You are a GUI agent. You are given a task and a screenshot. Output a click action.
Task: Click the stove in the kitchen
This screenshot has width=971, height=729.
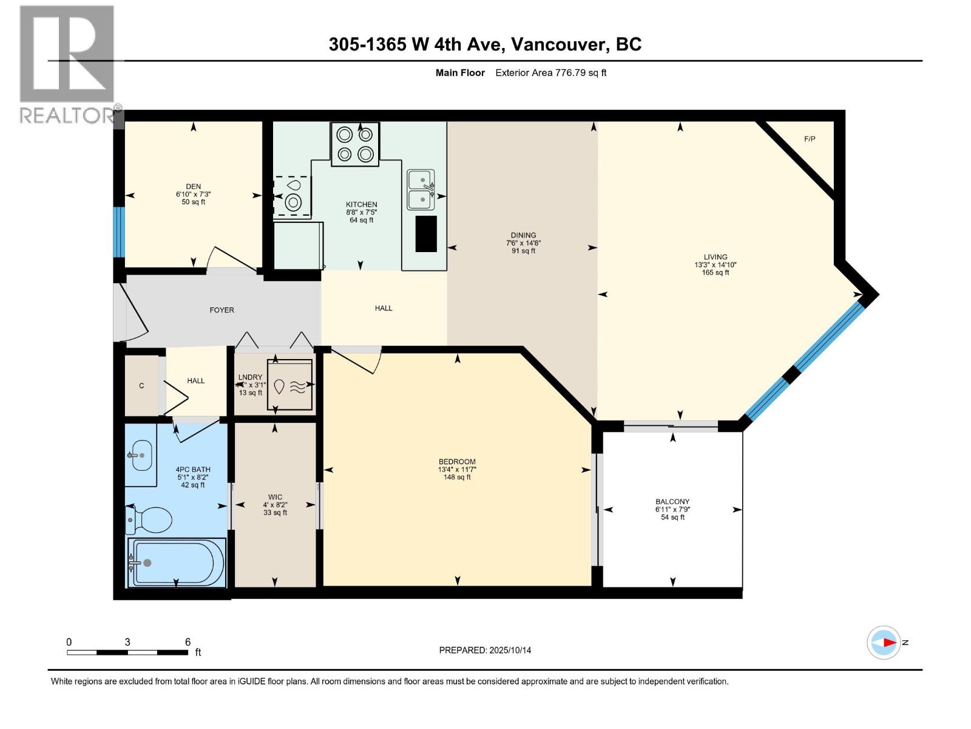(355, 145)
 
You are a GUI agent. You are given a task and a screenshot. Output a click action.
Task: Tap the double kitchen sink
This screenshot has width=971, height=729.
(421, 190)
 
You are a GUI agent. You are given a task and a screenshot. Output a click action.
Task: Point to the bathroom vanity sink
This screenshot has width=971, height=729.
(141, 455)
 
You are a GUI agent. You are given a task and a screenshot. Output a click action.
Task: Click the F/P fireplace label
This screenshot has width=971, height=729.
(810, 139)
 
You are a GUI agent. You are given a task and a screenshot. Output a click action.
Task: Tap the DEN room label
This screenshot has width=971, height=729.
(193, 187)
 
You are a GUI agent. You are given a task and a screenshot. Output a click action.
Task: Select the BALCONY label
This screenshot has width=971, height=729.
(672, 502)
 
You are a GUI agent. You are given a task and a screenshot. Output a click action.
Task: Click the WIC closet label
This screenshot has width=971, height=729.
(275, 497)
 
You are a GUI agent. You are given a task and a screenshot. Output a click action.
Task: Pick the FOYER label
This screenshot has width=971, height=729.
(222, 310)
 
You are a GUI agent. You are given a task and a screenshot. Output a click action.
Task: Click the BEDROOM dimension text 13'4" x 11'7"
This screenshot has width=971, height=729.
(457, 470)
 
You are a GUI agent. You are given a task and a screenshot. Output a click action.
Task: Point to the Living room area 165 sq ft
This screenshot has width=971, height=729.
(716, 273)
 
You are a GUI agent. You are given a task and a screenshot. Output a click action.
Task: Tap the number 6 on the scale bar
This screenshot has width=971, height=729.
(188, 642)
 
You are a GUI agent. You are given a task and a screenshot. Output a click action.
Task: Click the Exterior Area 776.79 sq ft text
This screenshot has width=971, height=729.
(550, 73)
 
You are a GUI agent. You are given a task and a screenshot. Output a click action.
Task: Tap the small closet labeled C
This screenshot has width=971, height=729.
(141, 386)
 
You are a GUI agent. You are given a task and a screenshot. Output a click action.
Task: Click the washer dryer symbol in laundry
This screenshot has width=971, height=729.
(289, 386)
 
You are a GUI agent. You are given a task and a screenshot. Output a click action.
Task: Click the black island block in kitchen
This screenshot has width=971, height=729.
(426, 234)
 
